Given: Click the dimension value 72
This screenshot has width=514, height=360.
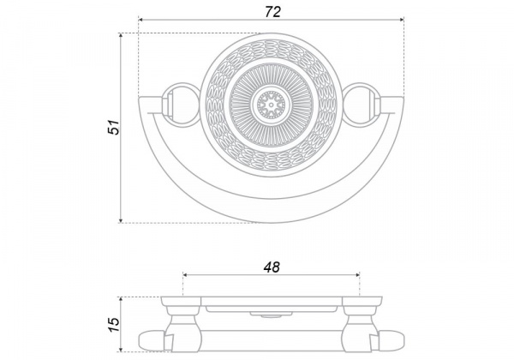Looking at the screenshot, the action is pyautogui.click(x=272, y=12).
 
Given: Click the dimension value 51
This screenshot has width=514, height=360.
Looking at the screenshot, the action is pyautogui.click(x=114, y=127).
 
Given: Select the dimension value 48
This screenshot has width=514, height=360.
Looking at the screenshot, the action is pyautogui.click(x=272, y=267).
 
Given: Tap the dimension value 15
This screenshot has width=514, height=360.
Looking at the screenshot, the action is pyautogui.click(x=114, y=325).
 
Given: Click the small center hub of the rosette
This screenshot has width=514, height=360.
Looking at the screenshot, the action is pyautogui.click(x=271, y=105).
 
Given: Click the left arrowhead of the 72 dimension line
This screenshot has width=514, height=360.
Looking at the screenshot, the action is pyautogui.click(x=140, y=20).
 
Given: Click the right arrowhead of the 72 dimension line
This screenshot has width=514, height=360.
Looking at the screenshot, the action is pyautogui.click(x=402, y=20).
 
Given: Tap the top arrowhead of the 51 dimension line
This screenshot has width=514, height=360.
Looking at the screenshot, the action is pyautogui.click(x=121, y=35).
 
